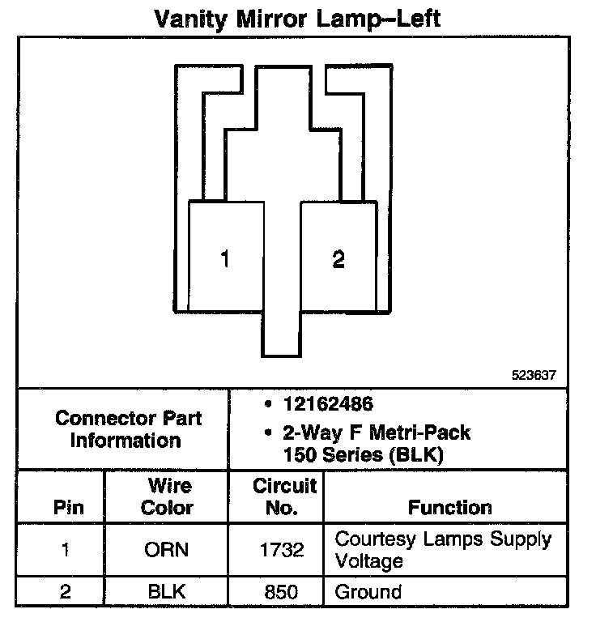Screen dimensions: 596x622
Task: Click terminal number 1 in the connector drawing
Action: tap(224, 259)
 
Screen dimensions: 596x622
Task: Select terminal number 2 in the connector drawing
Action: tap(338, 259)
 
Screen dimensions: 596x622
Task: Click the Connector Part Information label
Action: tap(127, 429)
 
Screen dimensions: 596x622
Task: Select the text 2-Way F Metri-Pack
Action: tap(377, 433)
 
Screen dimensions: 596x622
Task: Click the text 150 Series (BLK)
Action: tap(362, 454)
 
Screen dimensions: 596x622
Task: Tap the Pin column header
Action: tap(68, 509)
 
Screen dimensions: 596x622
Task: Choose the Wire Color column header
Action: tap(167, 497)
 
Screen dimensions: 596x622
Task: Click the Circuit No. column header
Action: tap(284, 497)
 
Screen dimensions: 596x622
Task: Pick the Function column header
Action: tap(449, 508)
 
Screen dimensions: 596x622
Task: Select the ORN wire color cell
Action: tap(167, 550)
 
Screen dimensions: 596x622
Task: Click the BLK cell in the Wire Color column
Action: tap(167, 591)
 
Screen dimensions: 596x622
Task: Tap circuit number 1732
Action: tap(283, 550)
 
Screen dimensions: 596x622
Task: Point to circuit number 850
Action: tap(283, 591)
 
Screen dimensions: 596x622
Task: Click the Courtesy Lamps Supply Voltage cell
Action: tap(442, 549)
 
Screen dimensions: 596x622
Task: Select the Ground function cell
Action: tap(368, 591)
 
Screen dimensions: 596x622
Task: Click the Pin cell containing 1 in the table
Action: tap(66, 550)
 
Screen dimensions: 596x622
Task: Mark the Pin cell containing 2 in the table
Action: tap(66, 591)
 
